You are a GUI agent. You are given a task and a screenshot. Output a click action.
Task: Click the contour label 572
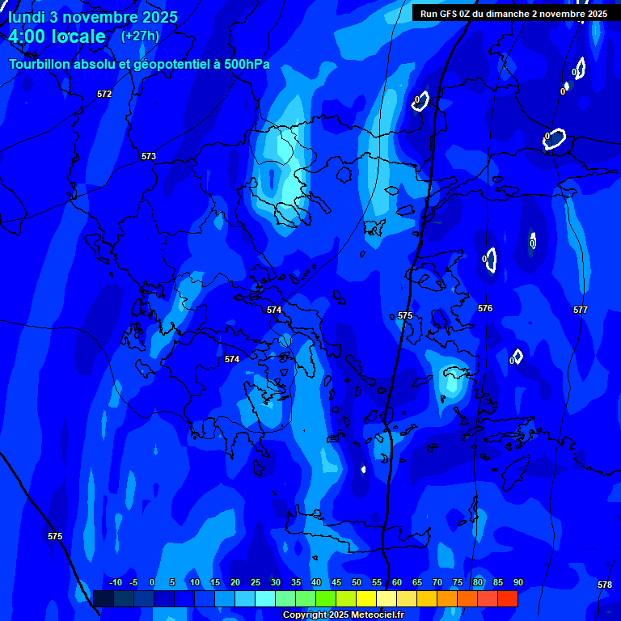pyautogui.click(x=104, y=95)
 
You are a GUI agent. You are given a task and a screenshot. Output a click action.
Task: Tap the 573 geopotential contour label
pyautogui.click(x=149, y=156)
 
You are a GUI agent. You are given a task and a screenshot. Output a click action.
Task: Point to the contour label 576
pyautogui.click(x=485, y=308)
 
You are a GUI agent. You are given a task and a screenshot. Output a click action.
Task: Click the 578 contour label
pyautogui.click(x=605, y=585)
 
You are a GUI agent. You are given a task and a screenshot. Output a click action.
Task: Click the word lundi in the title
pyautogui.click(x=27, y=17)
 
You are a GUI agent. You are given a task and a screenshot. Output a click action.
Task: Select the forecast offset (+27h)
pyautogui.click(x=140, y=36)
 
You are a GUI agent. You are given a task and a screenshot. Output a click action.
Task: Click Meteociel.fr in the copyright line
pyautogui.click(x=378, y=615)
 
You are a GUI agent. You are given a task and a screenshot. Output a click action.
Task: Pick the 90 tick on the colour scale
pyautogui.click(x=518, y=582)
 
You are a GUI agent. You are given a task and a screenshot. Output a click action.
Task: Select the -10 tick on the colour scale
pyautogui.click(x=115, y=582)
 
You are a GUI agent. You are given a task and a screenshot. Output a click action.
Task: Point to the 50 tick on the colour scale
pyautogui.click(x=356, y=582)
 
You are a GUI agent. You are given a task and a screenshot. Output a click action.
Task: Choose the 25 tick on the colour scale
pyautogui.click(x=255, y=582)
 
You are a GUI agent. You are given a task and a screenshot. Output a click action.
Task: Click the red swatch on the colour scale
pyautogui.click(x=507, y=598)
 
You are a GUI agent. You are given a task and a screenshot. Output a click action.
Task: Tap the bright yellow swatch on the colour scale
pyautogui.click(x=365, y=598)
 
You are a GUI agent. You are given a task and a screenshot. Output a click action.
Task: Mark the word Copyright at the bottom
pyautogui.click(x=304, y=615)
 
